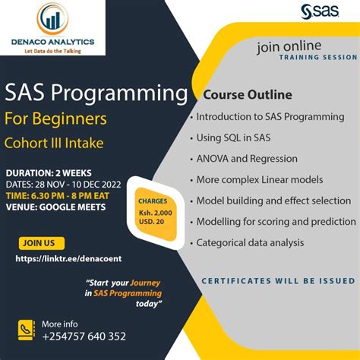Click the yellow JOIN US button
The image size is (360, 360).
click(x=39, y=243)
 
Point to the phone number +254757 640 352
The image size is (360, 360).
click(x=84, y=336)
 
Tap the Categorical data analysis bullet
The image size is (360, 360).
click(x=250, y=243)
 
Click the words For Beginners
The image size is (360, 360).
click(x=66, y=119)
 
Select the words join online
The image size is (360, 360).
click(x=289, y=47)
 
